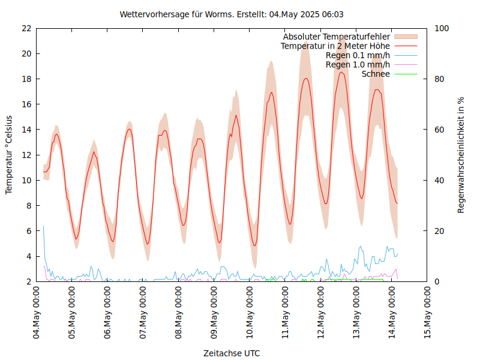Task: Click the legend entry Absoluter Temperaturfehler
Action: coord(336,37)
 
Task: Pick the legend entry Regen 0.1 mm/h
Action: coord(358,55)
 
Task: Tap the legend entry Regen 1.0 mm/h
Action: coord(358,64)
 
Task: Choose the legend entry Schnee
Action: coord(376,74)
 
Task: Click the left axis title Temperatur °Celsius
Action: coord(9,155)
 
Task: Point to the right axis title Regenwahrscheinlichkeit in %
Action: coord(461,155)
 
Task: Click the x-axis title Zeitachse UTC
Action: coord(232,353)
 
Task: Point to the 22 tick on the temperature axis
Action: coord(26,28)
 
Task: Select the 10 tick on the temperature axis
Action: coord(26,180)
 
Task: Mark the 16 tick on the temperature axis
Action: coord(26,104)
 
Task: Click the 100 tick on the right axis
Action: coord(442,28)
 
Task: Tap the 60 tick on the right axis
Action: coord(440,130)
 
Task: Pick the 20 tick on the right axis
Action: coord(440,231)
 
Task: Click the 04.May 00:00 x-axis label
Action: coord(37,313)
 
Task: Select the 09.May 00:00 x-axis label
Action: coord(214,313)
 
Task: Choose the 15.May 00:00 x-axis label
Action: coord(427,313)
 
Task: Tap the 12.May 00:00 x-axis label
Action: coord(321,313)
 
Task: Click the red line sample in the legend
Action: coord(405,46)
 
